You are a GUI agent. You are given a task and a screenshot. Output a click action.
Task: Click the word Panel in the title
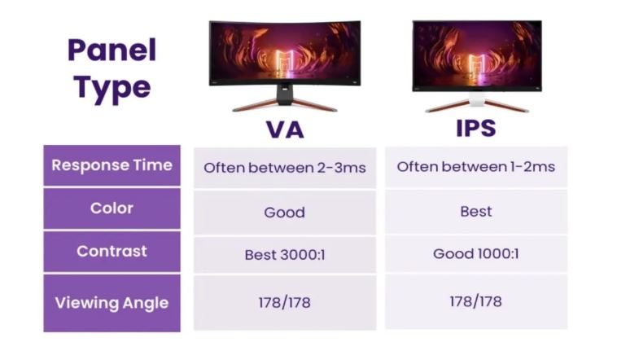[x=112, y=50]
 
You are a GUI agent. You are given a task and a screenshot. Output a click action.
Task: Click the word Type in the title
[x=112, y=86]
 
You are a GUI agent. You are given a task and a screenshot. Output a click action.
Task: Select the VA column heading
[x=285, y=130]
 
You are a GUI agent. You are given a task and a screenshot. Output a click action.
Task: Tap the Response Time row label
[x=112, y=165]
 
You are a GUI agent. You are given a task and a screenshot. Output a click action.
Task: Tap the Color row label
[x=112, y=209]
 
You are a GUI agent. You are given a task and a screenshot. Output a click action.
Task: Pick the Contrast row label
[x=112, y=251]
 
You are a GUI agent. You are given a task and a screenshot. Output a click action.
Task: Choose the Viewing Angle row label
[x=112, y=303]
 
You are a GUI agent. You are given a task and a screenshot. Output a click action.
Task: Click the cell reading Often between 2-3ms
[x=285, y=168]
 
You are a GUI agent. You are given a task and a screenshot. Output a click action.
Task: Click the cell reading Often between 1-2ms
[x=476, y=167]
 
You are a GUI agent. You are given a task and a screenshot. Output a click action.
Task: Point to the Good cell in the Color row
[x=285, y=213]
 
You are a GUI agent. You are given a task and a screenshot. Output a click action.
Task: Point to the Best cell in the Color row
[x=476, y=211]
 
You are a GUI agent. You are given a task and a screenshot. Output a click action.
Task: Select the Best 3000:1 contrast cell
[x=285, y=255]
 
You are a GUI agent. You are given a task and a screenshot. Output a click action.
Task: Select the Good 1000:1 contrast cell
[x=476, y=253]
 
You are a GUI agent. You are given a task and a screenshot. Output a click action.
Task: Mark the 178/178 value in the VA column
[x=285, y=302]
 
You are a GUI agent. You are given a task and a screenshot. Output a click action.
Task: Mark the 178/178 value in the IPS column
[x=476, y=301]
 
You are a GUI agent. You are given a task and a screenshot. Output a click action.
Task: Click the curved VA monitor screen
[x=285, y=53]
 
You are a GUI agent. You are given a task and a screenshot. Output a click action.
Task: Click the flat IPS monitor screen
[x=476, y=54]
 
